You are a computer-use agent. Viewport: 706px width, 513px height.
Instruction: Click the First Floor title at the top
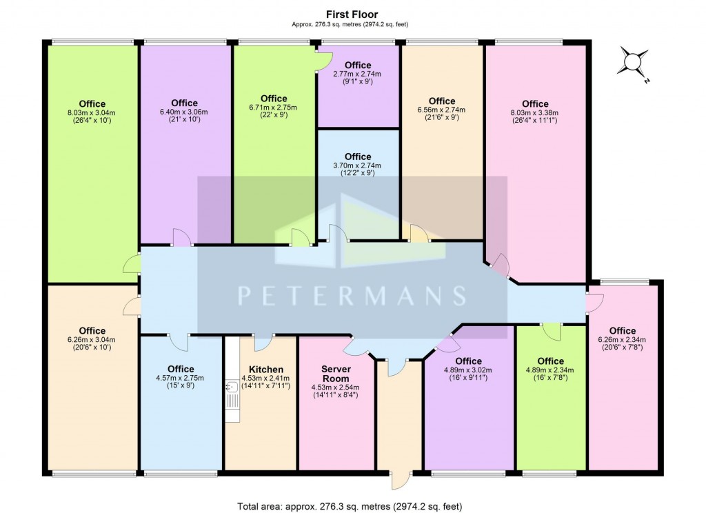click(352, 13)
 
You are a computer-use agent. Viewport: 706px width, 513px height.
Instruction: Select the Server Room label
click(336, 374)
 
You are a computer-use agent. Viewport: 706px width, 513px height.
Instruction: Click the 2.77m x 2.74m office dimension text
click(357, 74)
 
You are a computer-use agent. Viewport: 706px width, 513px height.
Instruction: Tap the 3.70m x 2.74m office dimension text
click(357, 165)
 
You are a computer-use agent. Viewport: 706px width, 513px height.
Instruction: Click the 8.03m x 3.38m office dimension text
click(535, 113)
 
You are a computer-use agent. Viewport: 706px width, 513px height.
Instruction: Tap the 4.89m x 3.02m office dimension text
click(469, 370)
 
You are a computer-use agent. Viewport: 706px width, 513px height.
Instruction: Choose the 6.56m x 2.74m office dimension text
click(442, 110)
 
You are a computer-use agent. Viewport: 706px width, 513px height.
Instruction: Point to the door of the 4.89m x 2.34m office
click(550, 332)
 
